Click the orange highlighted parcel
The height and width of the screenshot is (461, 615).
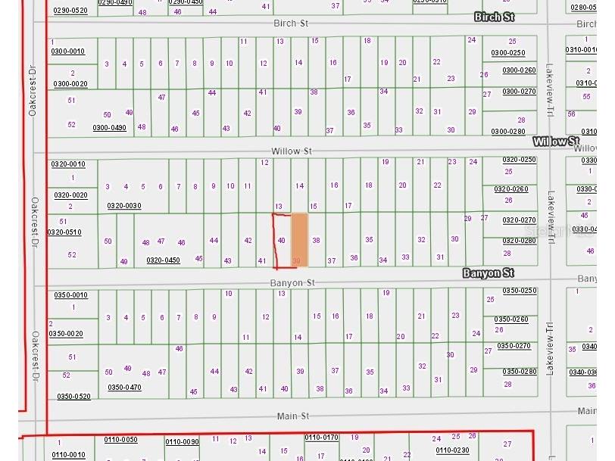click(300, 238)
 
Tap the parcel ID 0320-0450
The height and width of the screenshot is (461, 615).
click(163, 260)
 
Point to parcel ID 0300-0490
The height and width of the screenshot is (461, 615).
click(109, 127)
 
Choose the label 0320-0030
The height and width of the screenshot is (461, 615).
click(123, 206)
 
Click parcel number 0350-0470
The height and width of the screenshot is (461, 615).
click(124, 388)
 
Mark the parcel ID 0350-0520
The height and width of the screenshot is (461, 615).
click(73, 397)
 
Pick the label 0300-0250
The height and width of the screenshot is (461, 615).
click(507, 52)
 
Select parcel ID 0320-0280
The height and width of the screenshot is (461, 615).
click(518, 241)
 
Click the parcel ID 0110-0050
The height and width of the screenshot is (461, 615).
click(120, 440)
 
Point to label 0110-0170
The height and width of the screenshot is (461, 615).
click(321, 438)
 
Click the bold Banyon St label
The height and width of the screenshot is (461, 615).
click(489, 273)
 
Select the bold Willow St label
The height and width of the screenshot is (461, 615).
click(556, 142)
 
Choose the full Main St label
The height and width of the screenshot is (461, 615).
click(292, 416)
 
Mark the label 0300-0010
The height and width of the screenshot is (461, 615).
click(68, 51)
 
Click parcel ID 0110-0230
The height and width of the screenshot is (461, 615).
click(452, 450)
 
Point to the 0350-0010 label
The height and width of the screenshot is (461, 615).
click(70, 295)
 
